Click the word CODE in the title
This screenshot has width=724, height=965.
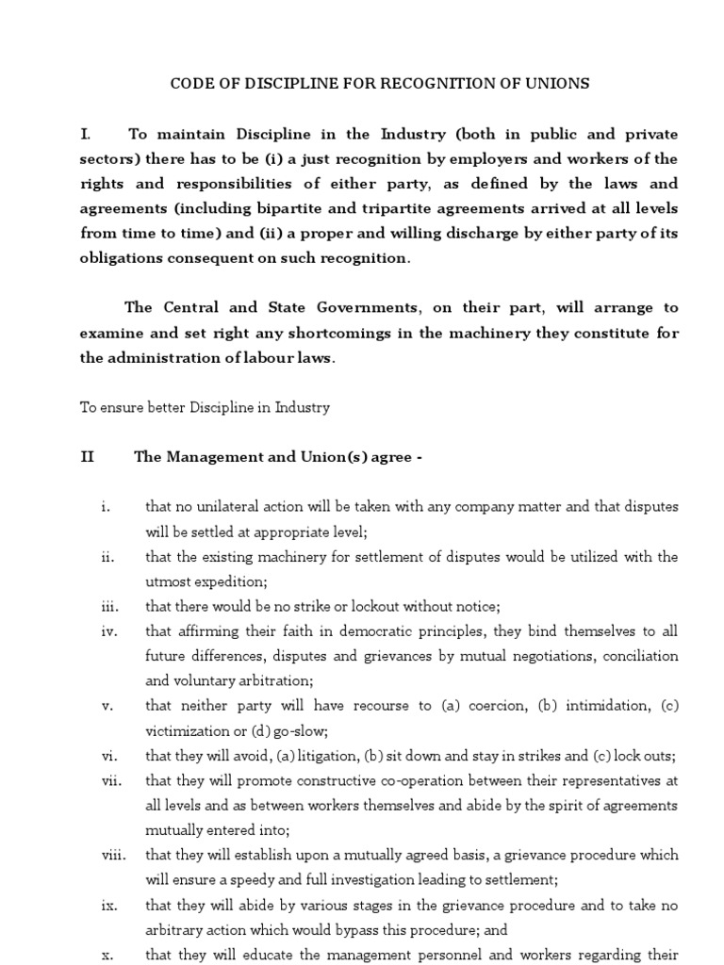tap(189, 84)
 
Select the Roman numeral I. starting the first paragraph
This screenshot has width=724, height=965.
tap(86, 134)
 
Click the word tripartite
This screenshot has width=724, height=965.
tap(397, 207)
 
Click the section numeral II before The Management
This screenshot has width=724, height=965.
tap(88, 457)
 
